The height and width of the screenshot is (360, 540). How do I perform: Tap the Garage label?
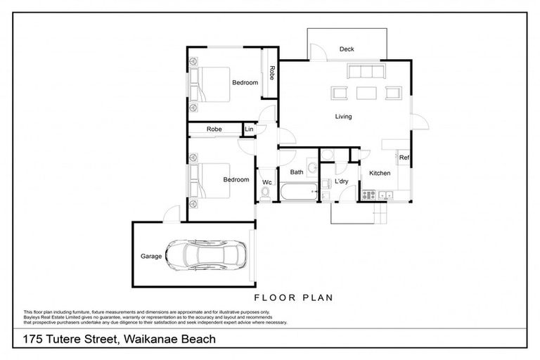click(x=150, y=257)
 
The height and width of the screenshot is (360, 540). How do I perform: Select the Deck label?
click(x=347, y=49)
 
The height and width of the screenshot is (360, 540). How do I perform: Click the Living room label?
click(x=343, y=117)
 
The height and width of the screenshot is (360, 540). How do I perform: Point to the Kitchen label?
click(x=380, y=172)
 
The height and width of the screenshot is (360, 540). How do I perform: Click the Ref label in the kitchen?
click(x=404, y=158)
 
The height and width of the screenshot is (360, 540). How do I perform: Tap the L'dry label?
click(x=342, y=181)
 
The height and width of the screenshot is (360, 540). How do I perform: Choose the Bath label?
click(x=296, y=172)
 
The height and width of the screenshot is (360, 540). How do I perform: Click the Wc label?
click(x=266, y=182)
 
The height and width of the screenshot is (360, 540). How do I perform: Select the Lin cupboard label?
click(x=249, y=129)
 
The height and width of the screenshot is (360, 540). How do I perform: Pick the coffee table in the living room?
click(x=366, y=92)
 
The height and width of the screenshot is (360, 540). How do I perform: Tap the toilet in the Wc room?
click(x=265, y=193)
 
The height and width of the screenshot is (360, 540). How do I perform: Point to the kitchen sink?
click(x=385, y=195)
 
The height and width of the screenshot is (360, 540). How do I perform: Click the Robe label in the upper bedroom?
click(x=271, y=72)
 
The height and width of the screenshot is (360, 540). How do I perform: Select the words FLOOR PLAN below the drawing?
click(x=293, y=297)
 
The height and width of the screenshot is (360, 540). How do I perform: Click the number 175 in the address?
click(x=33, y=340)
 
